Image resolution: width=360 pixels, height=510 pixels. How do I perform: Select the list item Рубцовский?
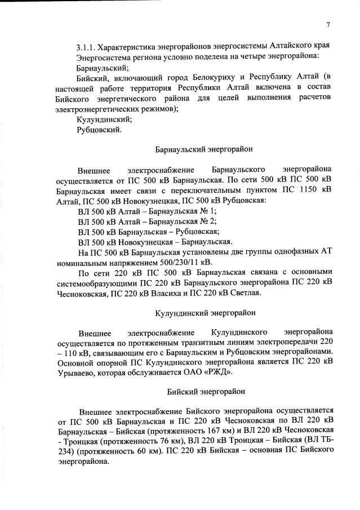tap(99, 130)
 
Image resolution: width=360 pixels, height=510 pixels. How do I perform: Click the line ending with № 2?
tap(148, 221)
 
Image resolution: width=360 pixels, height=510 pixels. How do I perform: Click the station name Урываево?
tap(76, 373)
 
